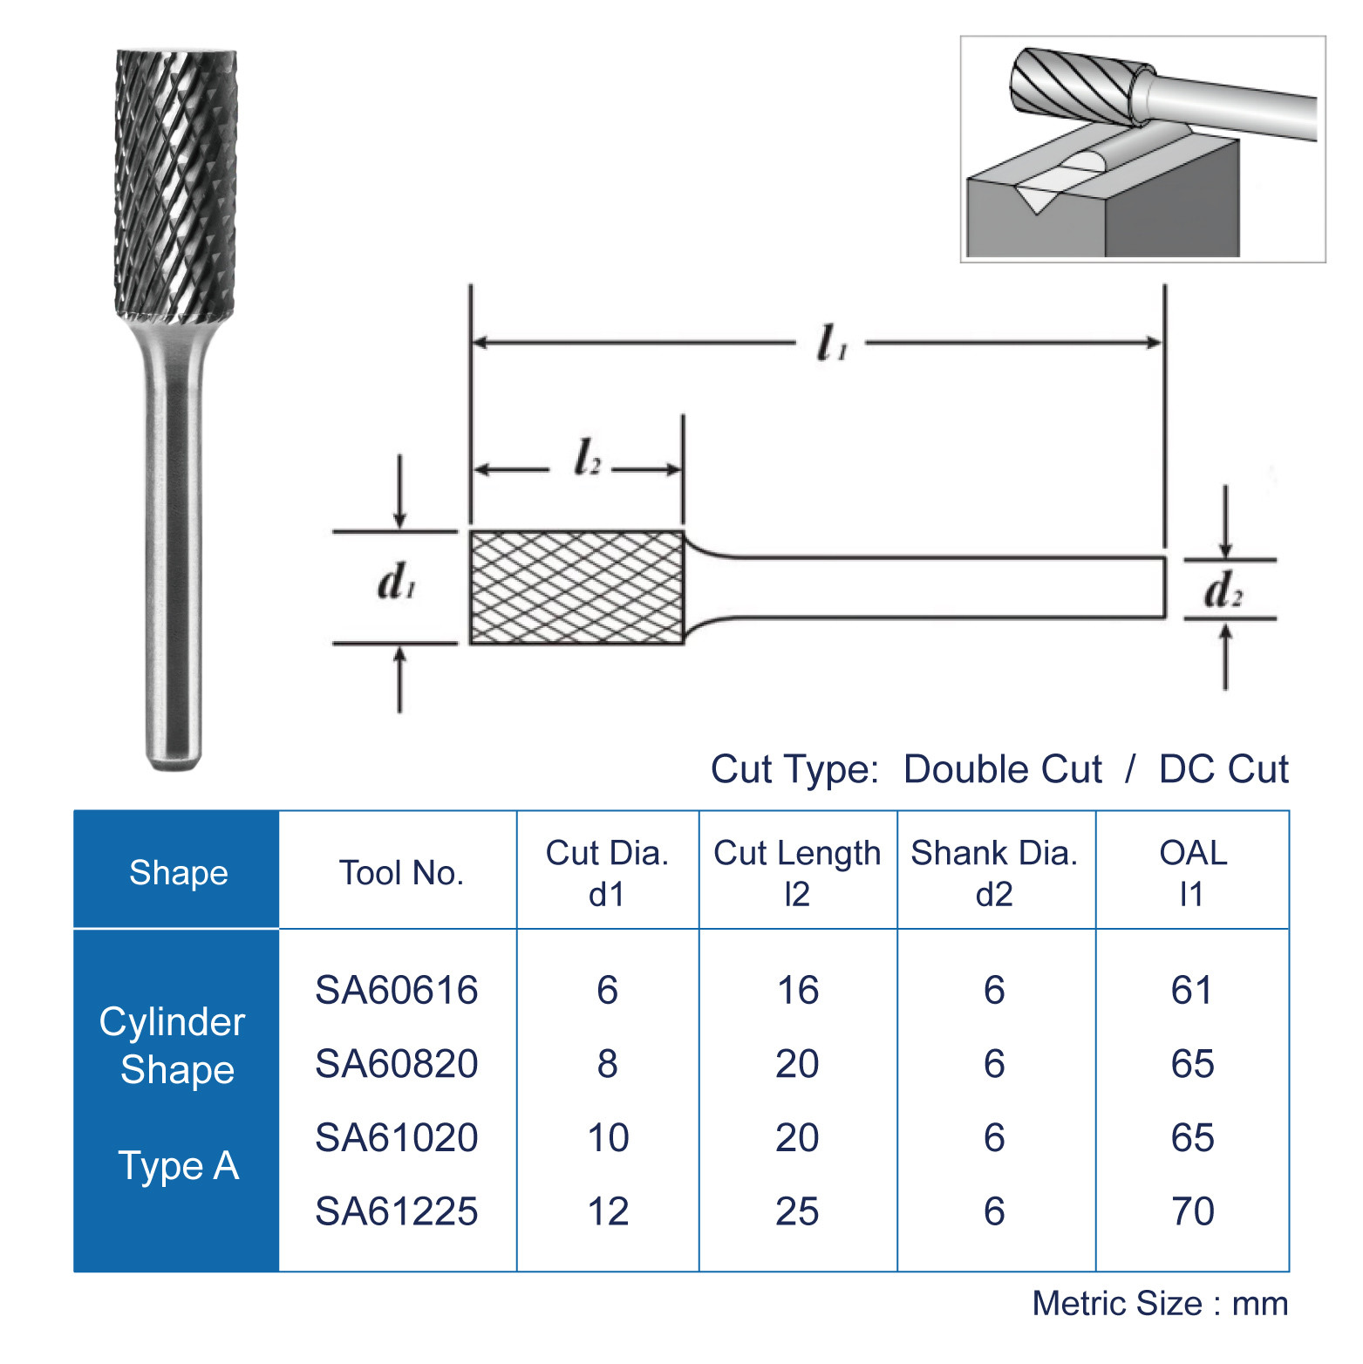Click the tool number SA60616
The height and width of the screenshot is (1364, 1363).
pos(396,990)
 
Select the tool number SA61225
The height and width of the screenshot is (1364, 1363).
pos(396,1211)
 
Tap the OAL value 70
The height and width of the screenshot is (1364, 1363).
pos(1192,1211)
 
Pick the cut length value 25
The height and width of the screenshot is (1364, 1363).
pos(797,1211)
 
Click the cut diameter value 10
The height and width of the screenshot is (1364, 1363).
pos(608,1138)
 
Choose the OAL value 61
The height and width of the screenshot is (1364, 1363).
pos(1192,990)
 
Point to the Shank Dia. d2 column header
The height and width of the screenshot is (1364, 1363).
pos(994,873)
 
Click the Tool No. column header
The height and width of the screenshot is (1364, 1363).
pos(400,873)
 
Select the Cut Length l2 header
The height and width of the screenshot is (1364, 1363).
pos(797,873)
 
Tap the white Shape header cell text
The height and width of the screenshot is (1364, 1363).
pos(178,873)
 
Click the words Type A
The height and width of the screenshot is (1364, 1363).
pos(178,1166)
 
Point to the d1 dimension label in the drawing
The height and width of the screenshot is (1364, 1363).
pos(397,583)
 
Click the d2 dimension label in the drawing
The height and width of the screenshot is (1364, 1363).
pos(1223,591)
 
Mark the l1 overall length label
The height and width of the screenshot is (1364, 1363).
pos(831,343)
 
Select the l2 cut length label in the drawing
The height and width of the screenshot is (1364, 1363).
pos(587,458)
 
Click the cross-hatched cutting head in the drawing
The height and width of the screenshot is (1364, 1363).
pos(576,587)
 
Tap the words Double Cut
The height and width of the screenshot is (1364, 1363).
pos(1003,769)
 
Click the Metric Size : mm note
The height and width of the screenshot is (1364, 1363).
pos(1160,1304)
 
